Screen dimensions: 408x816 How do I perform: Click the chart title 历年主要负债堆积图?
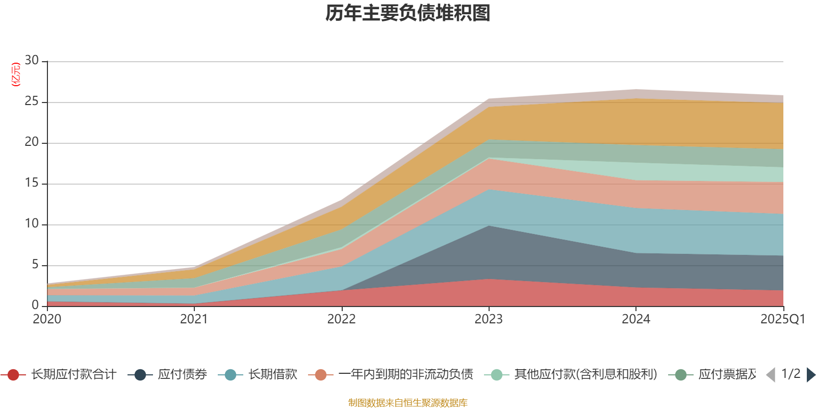[x=408, y=13]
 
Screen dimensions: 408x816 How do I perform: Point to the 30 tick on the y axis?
[x=32, y=61]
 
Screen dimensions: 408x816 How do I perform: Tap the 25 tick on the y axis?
[x=32, y=101]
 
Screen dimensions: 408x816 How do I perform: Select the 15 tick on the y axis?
[x=32, y=183]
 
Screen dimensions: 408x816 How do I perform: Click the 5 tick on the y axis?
[x=35, y=265]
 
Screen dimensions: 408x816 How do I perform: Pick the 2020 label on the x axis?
[x=47, y=319]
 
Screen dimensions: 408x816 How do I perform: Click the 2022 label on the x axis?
[x=341, y=319]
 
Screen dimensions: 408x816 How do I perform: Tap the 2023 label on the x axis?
[x=489, y=319]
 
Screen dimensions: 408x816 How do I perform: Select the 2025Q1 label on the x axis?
[x=782, y=319]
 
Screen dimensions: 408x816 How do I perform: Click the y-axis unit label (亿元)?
[x=16, y=74]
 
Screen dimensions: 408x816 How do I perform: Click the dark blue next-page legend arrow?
[x=811, y=375]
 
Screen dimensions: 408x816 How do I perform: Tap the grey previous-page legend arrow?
[x=771, y=375]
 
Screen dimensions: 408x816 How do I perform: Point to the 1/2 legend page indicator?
[x=790, y=374]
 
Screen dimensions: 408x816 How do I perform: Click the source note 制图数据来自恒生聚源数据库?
[x=408, y=403]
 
